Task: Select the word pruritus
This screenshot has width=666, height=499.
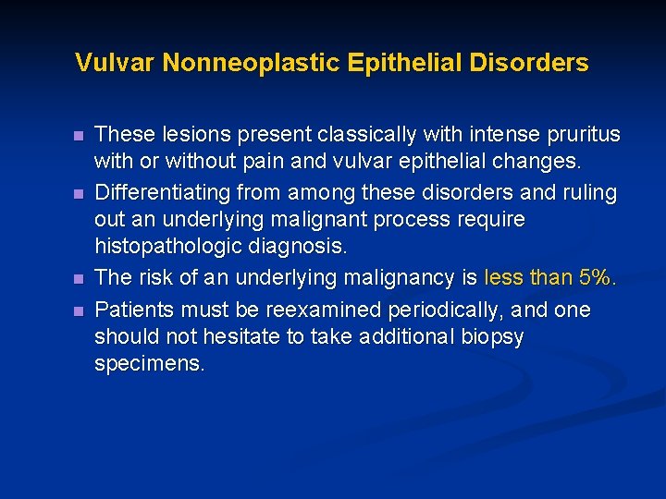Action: pyautogui.click(x=585, y=135)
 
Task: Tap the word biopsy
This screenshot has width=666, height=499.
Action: pyautogui.click(x=490, y=337)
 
